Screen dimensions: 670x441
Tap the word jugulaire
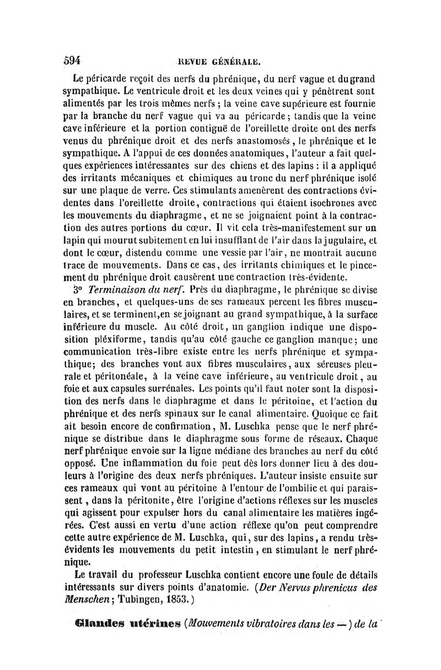[x=340, y=256]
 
